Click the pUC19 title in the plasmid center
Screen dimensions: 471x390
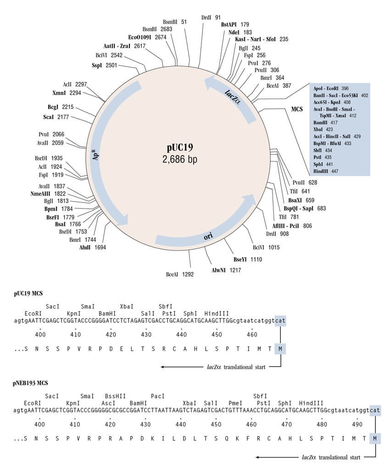180,148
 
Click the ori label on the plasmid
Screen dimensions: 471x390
208,236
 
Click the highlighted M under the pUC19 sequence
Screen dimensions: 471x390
280,349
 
